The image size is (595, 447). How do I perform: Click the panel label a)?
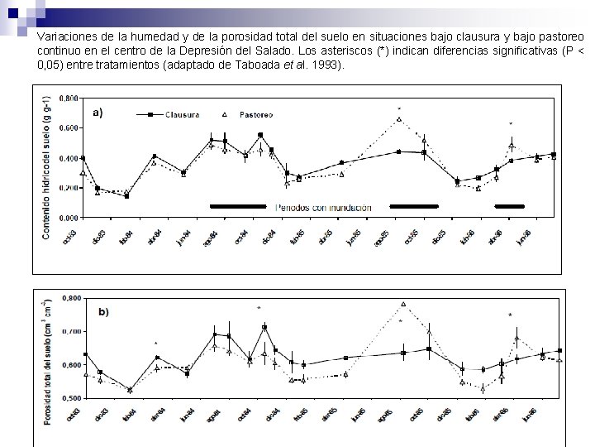coord(96,113)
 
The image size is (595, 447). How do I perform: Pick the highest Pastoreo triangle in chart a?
coord(398,119)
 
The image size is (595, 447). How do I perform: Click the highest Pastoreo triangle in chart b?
coord(403,304)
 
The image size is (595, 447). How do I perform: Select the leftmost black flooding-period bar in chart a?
coord(238,205)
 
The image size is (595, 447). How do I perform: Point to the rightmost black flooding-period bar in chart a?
coord(509,205)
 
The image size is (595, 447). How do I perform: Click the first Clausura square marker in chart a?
coord(83,158)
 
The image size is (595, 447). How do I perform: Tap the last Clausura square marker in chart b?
coord(559,351)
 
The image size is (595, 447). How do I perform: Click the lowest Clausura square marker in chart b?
coord(129,389)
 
